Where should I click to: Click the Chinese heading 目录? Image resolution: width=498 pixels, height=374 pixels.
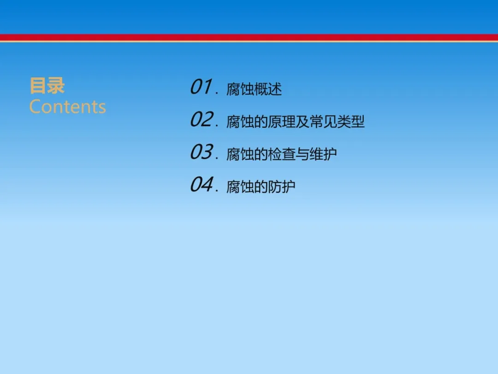(x=47, y=85)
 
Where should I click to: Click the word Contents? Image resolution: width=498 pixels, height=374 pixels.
(x=68, y=107)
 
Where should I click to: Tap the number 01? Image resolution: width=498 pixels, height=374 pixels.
(x=201, y=87)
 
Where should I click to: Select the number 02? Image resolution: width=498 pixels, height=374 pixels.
(x=201, y=120)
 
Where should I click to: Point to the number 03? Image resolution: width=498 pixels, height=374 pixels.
(x=201, y=152)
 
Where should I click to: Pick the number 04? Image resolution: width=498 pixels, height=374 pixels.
(x=201, y=185)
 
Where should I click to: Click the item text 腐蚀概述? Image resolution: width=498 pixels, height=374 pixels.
(x=254, y=89)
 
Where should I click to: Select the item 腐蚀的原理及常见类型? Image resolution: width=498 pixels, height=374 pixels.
(x=296, y=122)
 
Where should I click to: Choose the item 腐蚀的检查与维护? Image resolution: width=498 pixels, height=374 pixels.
(x=282, y=154)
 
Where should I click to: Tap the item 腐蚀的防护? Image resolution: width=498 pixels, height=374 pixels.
(x=261, y=187)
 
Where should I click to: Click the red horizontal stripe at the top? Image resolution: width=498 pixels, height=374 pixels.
(x=249, y=37)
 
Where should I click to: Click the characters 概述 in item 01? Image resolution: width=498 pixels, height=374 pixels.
(x=268, y=89)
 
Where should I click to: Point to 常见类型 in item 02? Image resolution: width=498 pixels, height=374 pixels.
(x=337, y=122)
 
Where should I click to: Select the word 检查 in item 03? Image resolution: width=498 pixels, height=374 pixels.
(x=282, y=154)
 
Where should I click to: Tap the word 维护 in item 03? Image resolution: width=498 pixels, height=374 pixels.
(x=323, y=154)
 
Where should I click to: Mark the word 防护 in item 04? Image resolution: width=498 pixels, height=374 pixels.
(x=282, y=187)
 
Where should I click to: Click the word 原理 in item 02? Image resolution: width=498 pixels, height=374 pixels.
(x=282, y=122)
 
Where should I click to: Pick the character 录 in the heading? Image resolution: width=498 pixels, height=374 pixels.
(x=56, y=85)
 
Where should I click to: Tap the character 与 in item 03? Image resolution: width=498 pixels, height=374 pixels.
(x=302, y=154)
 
